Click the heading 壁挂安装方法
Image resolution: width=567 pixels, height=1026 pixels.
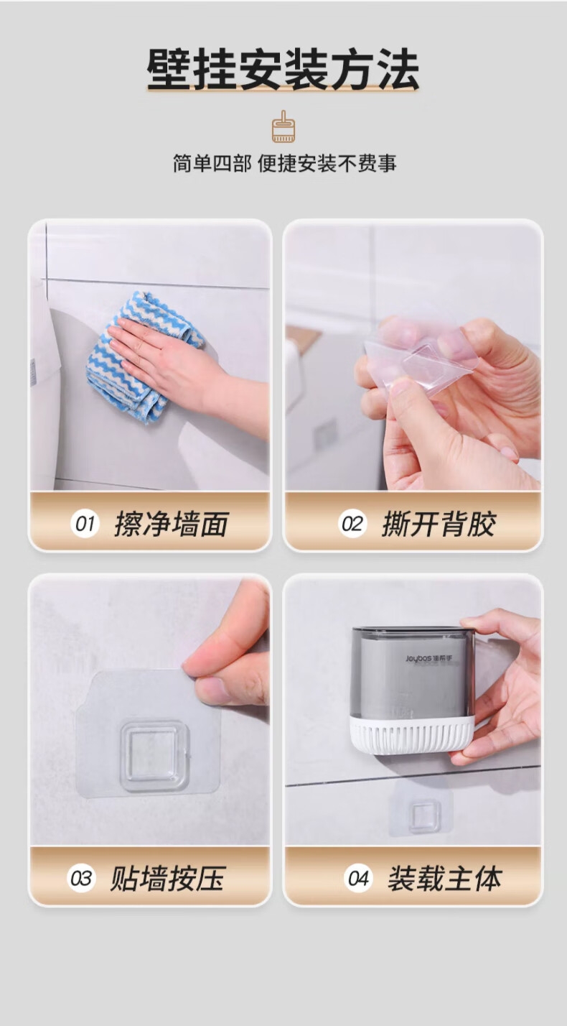pyautogui.click(x=283, y=70)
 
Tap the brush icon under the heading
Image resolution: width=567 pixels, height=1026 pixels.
pyautogui.click(x=283, y=126)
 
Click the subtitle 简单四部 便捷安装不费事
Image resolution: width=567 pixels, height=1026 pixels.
pyautogui.click(x=284, y=164)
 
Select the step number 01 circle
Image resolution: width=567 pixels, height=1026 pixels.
pyautogui.click(x=85, y=524)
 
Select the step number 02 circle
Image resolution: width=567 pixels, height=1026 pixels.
pyautogui.click(x=352, y=524)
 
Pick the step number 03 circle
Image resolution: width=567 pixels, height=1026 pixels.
pyautogui.click(x=81, y=879)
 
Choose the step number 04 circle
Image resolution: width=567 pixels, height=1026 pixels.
pyautogui.click(x=358, y=879)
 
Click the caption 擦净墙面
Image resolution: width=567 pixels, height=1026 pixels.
pyautogui.click(x=171, y=524)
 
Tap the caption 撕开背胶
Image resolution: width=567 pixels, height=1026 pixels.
pyautogui.click(x=439, y=524)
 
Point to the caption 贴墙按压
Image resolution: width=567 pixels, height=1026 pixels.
pyautogui.click(x=167, y=879)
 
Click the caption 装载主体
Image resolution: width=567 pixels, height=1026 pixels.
pyautogui.click(x=445, y=879)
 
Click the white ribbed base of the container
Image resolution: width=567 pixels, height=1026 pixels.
pyautogui.click(x=411, y=735)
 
